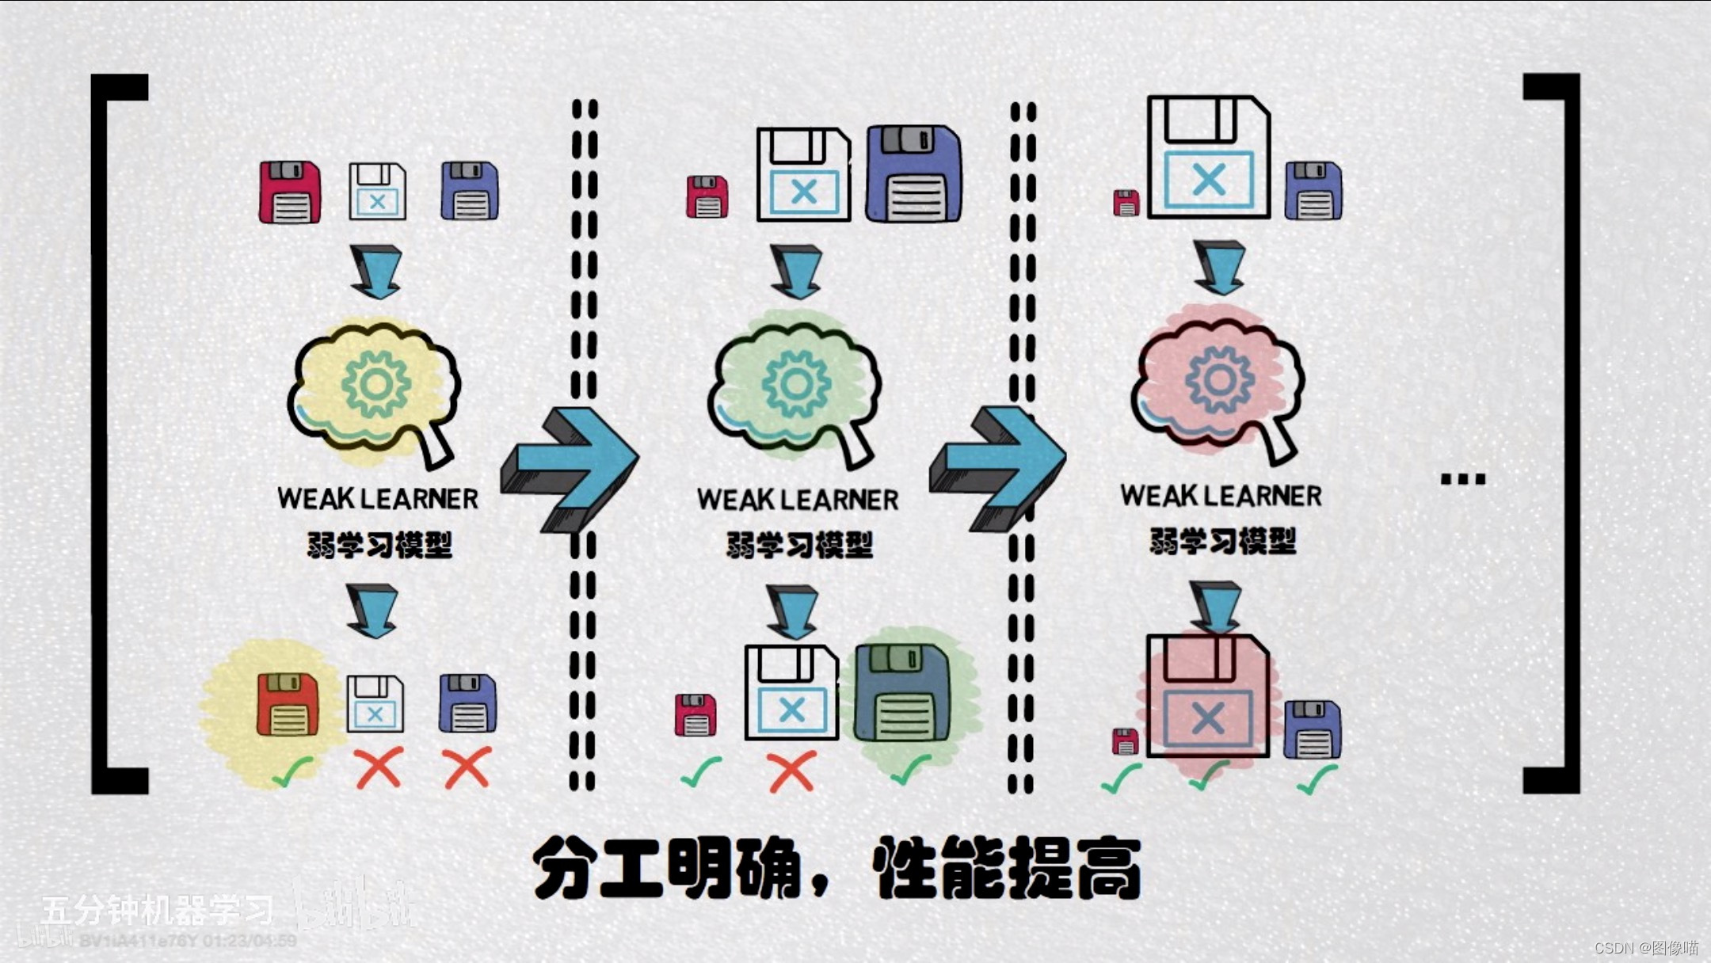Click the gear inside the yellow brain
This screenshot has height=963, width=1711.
coord(376,385)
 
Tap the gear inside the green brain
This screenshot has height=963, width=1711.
coord(796,385)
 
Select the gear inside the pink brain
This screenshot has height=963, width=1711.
coord(1220,380)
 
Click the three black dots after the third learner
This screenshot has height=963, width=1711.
coord(1462,479)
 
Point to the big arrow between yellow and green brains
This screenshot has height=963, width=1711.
coord(570,467)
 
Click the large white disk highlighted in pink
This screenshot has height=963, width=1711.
coord(1207,697)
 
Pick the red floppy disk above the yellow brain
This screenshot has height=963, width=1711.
coord(290,192)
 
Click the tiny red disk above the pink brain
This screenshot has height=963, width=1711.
coord(1126,203)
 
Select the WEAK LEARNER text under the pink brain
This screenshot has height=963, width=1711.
coord(1221,496)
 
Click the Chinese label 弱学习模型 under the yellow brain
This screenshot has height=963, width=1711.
coord(379,545)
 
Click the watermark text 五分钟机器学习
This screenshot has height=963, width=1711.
coord(158,910)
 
